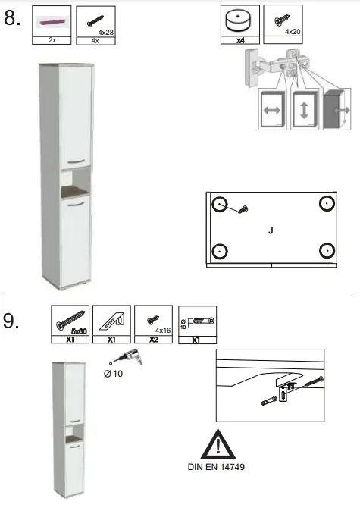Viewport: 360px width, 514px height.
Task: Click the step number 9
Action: click(11, 321)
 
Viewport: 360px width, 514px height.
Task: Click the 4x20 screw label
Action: click(292, 32)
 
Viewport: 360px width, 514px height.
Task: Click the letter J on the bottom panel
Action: click(271, 230)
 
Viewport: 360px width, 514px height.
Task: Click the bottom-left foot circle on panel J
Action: click(219, 250)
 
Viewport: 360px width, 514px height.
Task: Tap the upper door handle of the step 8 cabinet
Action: click(77, 161)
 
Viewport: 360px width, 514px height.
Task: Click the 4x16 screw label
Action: click(162, 331)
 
